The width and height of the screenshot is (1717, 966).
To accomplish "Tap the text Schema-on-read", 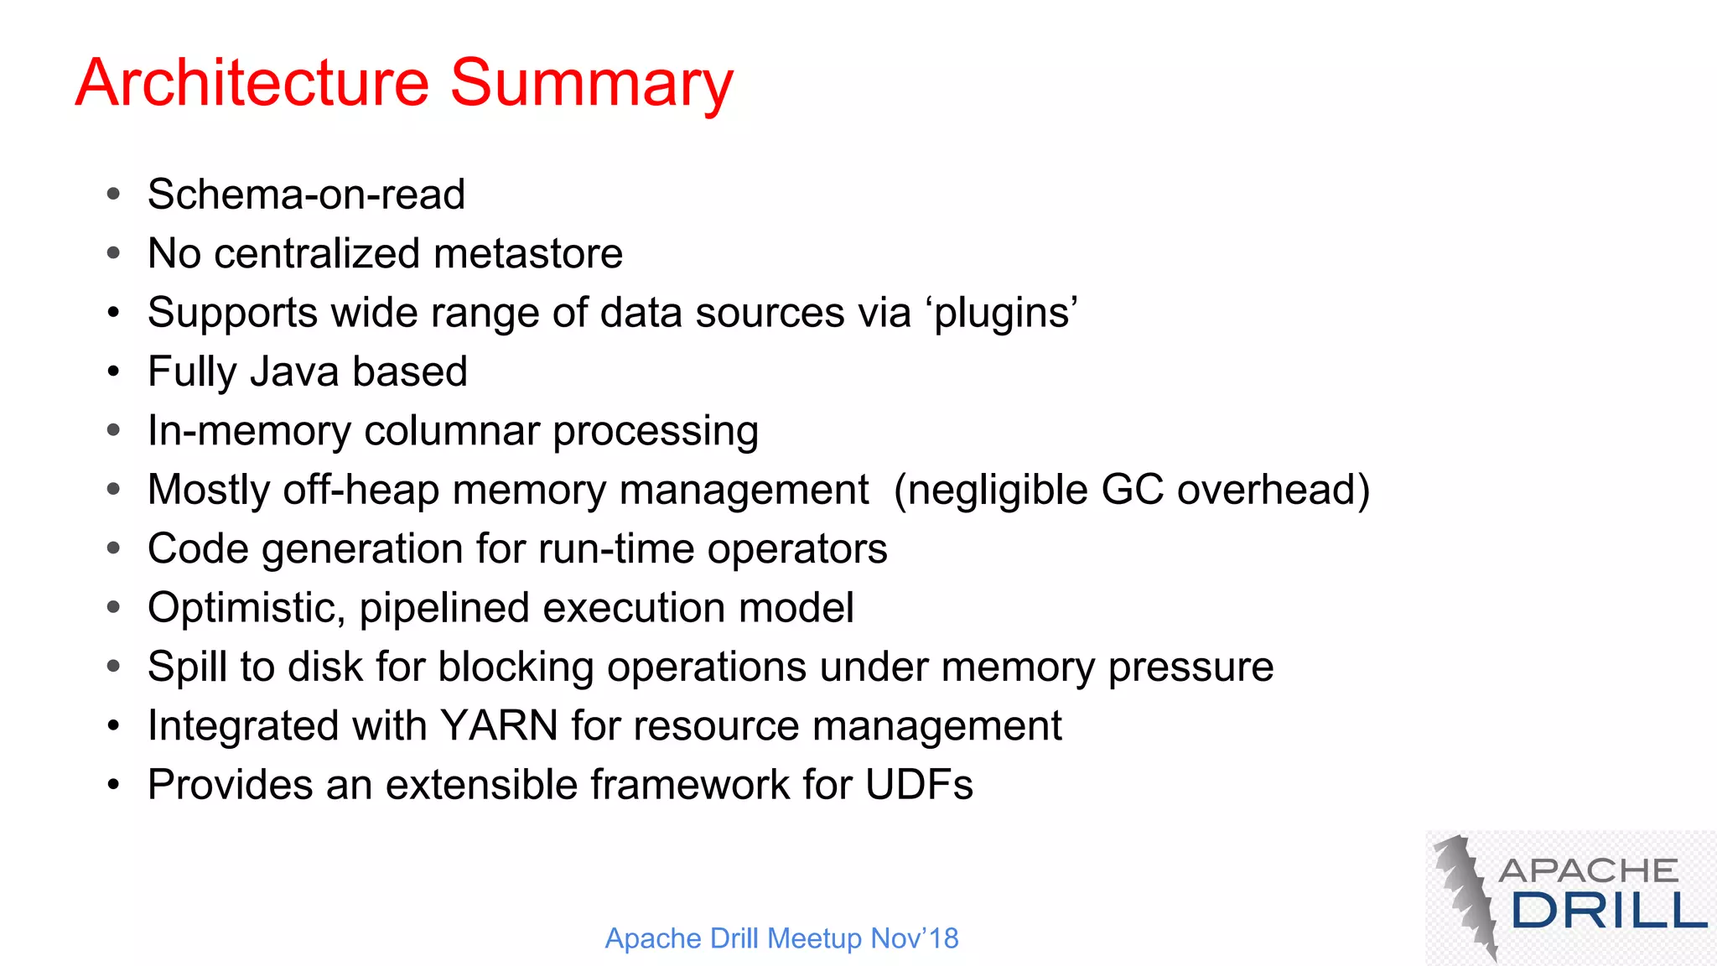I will [306, 195].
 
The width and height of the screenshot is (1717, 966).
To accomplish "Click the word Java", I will [293, 371].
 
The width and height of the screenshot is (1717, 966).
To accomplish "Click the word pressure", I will [1190, 667].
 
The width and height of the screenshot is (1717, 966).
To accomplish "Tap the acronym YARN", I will [499, 726].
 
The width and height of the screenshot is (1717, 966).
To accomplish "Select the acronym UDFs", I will [919, 785].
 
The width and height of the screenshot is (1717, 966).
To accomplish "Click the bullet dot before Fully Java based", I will [114, 371].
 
